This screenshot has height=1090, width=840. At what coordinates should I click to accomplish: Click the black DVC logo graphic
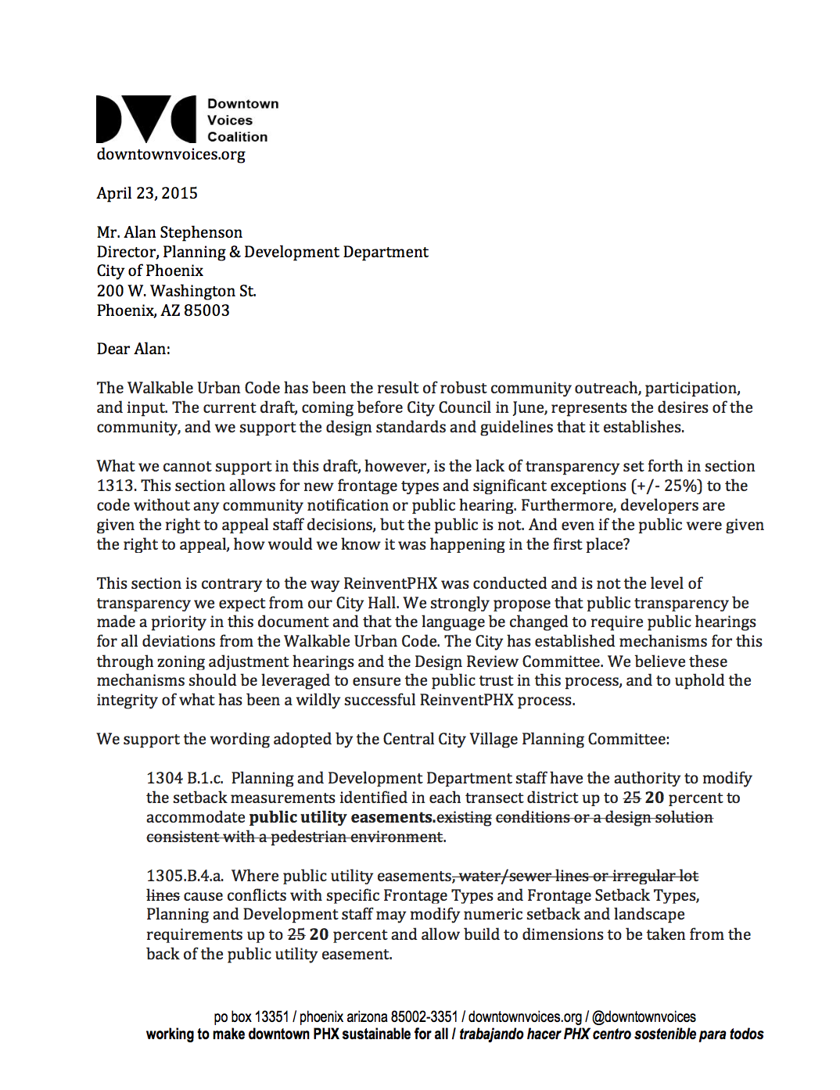(146, 120)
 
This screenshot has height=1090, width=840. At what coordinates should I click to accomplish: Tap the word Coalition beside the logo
(237, 137)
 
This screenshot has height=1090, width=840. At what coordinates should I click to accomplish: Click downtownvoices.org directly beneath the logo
(171, 154)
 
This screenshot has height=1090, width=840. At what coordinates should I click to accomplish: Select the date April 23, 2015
(147, 193)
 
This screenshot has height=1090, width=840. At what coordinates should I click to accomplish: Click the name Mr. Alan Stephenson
(170, 232)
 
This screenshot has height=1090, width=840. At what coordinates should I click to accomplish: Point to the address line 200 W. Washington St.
(176, 291)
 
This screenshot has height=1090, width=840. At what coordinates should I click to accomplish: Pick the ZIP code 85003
(206, 310)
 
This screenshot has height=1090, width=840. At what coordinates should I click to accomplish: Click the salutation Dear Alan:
(133, 349)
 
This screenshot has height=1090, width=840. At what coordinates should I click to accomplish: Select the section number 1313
(116, 486)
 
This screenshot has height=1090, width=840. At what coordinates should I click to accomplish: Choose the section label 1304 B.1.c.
(185, 778)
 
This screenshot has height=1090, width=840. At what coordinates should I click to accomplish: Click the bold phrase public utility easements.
(341, 817)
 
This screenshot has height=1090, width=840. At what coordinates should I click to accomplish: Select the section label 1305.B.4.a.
(185, 876)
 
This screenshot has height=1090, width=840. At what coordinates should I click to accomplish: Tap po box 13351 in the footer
(251, 1016)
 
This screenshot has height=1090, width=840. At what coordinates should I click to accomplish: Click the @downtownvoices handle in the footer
(644, 1016)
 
